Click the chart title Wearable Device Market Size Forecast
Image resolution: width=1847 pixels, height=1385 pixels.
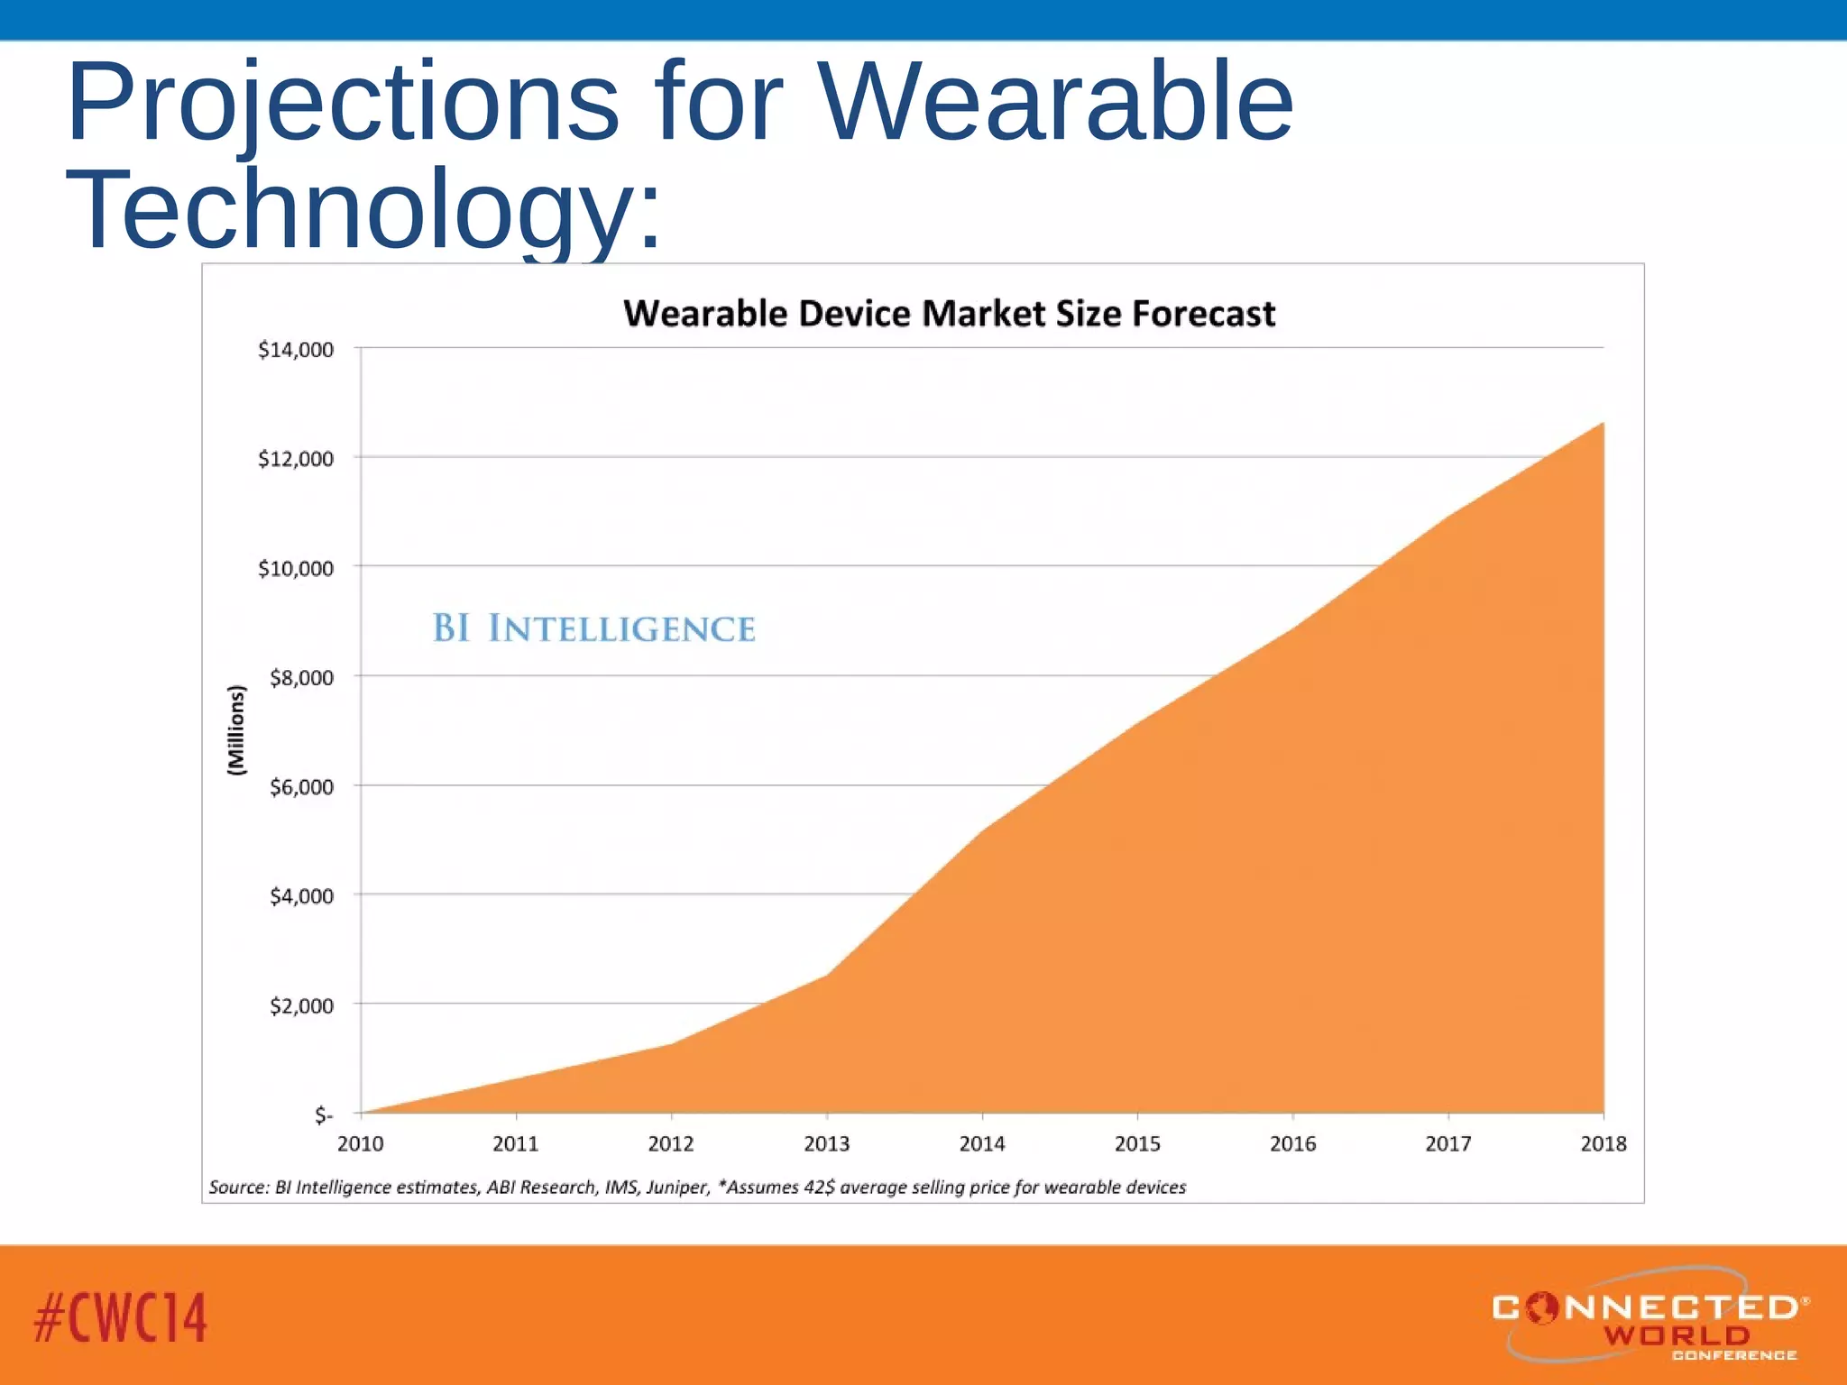pyautogui.click(x=949, y=314)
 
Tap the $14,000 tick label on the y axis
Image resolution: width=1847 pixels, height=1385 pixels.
pyautogui.click(x=295, y=350)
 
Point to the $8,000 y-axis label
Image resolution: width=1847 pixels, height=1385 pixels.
pyautogui.click(x=301, y=678)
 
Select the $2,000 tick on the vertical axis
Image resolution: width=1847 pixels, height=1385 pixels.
pyautogui.click(x=301, y=1006)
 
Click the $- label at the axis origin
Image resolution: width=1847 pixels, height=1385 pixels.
pyautogui.click(x=324, y=1115)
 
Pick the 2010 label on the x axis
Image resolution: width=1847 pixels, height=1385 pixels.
pyautogui.click(x=360, y=1144)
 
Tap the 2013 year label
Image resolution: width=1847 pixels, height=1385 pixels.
pyautogui.click(x=826, y=1144)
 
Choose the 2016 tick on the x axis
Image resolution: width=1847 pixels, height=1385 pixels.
pyautogui.click(x=1292, y=1144)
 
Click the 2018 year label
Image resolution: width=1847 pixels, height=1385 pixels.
pyautogui.click(x=1603, y=1144)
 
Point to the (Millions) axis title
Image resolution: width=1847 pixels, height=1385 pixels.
pyautogui.click(x=236, y=730)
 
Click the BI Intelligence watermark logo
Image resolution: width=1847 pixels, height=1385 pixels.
pyautogui.click(x=593, y=628)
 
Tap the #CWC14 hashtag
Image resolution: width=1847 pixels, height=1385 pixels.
pyautogui.click(x=120, y=1317)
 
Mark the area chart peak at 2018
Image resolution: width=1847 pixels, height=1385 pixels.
pyautogui.click(x=1602, y=424)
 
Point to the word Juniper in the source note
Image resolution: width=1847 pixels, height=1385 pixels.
pyautogui.click(x=678, y=1188)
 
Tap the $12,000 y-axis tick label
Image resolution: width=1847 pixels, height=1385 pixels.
pyautogui.click(x=295, y=459)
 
